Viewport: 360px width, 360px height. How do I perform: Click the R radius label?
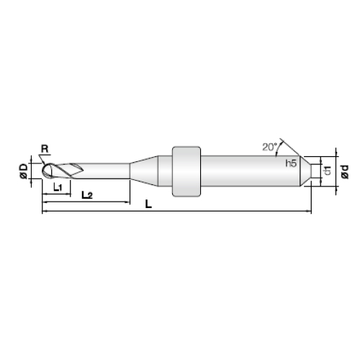click(x=45, y=149)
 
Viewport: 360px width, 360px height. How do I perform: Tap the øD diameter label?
click(x=24, y=171)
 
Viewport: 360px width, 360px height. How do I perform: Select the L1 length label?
click(x=58, y=187)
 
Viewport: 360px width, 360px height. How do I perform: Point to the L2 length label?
click(x=87, y=195)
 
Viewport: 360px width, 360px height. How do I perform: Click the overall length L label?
click(x=148, y=204)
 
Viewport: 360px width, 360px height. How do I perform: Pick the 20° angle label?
click(x=270, y=147)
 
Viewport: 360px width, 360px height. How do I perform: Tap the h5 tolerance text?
click(x=291, y=163)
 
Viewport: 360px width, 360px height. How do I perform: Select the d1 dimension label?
click(x=328, y=171)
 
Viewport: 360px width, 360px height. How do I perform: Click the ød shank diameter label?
click(x=345, y=171)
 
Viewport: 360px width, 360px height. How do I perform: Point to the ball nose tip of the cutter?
click(x=43, y=171)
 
